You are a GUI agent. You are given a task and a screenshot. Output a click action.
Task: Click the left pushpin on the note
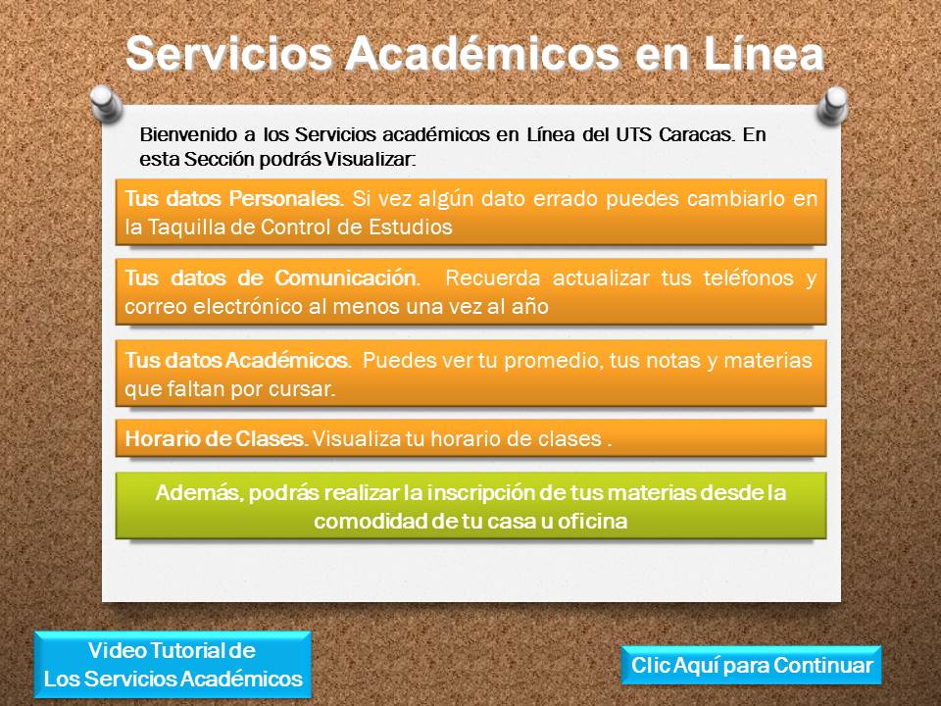106,104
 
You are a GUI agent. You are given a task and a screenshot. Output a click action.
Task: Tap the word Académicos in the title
482,54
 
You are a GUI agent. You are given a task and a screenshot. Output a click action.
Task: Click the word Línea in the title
764,54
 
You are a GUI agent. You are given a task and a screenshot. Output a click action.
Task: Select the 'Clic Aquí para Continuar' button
752,665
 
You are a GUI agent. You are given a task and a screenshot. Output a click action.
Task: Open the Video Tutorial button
173,665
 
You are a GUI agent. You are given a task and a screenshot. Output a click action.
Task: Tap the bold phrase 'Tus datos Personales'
233,198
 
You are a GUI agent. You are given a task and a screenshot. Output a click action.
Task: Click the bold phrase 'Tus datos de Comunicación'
271,277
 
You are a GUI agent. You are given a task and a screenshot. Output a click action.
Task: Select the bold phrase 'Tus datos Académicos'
237,360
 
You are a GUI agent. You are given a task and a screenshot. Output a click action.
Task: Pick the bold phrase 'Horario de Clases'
217,439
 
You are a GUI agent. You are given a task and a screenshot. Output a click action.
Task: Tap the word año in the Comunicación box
530,307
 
